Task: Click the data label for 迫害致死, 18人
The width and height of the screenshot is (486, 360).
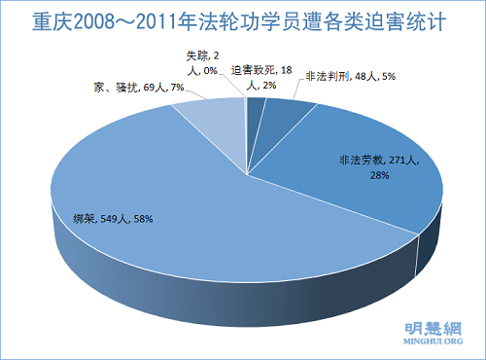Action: coord(260,77)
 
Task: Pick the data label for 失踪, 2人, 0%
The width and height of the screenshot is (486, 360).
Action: coord(203,61)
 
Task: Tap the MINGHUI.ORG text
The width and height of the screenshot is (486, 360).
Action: coord(424,343)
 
